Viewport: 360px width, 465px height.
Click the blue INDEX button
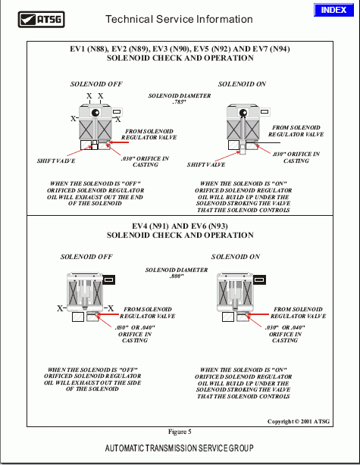pos(333,10)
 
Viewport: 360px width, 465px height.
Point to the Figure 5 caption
pos(180,431)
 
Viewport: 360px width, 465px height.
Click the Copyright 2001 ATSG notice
pos(300,420)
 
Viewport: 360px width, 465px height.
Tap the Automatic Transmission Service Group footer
pos(180,448)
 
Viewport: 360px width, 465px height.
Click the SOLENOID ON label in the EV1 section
pos(242,84)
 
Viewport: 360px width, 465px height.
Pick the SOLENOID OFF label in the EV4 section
pos(86,257)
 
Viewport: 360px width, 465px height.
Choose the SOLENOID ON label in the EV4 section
pos(235,257)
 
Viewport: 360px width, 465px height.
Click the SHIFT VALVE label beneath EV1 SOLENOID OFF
pos(56,161)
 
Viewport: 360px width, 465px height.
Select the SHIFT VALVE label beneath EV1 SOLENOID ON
pos(206,164)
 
